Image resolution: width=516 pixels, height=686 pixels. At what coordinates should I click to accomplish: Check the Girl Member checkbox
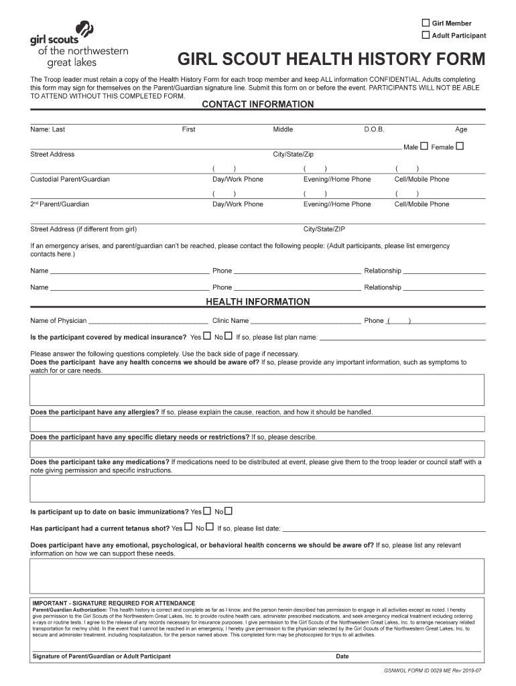[x=426, y=23]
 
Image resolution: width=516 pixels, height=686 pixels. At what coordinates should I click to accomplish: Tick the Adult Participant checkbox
[x=426, y=35]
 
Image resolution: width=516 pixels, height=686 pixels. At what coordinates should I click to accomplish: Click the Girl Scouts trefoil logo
[x=86, y=30]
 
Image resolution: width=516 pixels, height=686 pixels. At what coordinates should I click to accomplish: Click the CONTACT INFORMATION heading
[x=258, y=105]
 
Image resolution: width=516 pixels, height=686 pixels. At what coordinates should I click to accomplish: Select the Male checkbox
[x=424, y=146]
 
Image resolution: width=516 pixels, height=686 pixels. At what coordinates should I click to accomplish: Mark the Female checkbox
[x=459, y=146]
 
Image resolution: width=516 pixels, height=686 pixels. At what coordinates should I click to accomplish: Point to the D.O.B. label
[x=374, y=129]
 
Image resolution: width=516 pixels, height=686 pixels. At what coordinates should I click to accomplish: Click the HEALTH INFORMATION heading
[x=258, y=301]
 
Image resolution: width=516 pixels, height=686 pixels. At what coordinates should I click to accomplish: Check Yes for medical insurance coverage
[x=207, y=336]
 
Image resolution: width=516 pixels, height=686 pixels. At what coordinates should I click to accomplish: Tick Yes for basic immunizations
[x=207, y=511]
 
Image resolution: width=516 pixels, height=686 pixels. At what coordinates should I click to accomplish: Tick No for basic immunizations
[x=229, y=511]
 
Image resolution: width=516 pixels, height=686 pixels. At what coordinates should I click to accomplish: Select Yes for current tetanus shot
[x=188, y=527]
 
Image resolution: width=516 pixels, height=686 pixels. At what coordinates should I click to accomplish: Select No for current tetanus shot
[x=210, y=527]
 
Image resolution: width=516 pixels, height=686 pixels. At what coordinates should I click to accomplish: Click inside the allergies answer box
[x=257, y=424]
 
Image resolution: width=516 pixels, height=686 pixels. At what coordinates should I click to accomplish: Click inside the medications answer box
[x=257, y=488]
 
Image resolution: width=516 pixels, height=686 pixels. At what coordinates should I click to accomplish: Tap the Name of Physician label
[x=58, y=320]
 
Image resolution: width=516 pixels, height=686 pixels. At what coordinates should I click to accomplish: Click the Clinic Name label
[x=231, y=320]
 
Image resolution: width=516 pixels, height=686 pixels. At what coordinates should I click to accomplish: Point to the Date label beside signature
[x=342, y=656]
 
